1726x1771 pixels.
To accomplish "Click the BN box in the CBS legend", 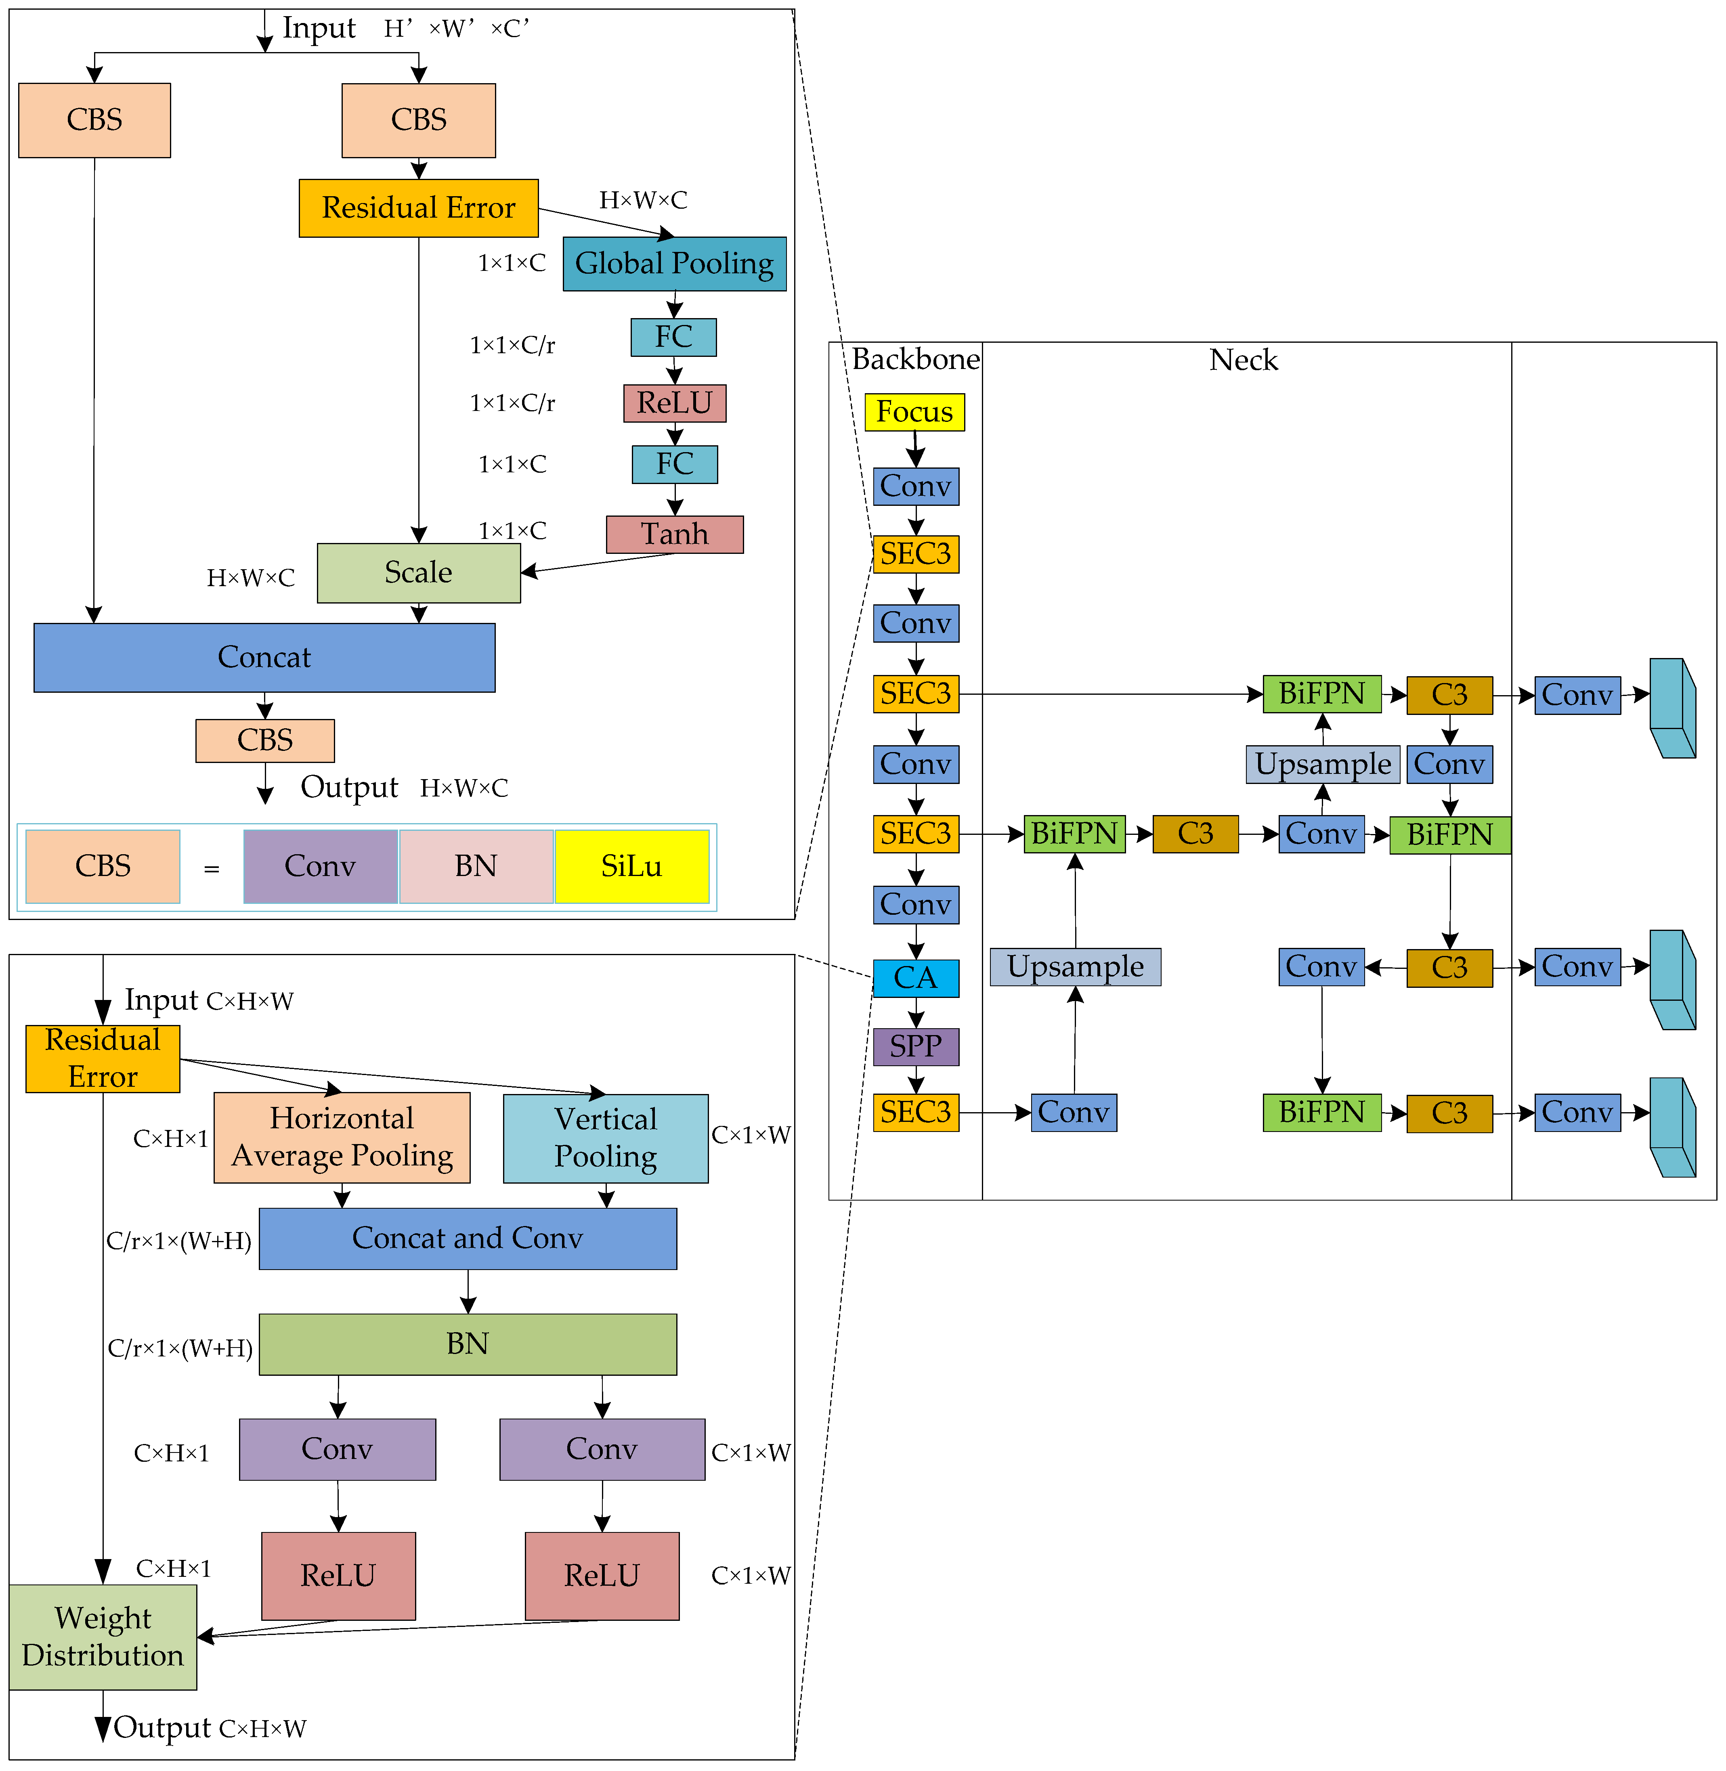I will click(476, 866).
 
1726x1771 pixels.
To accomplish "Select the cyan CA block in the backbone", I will click(916, 978).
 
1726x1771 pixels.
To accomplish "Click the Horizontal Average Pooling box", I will click(342, 1138).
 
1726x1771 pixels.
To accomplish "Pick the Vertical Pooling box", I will click(606, 1138).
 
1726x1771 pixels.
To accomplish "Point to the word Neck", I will click(1243, 361).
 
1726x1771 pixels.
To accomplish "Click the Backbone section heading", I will click(916, 360).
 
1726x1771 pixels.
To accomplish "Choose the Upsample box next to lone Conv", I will click(1323, 764).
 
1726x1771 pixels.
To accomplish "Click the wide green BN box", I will click(468, 1344).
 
